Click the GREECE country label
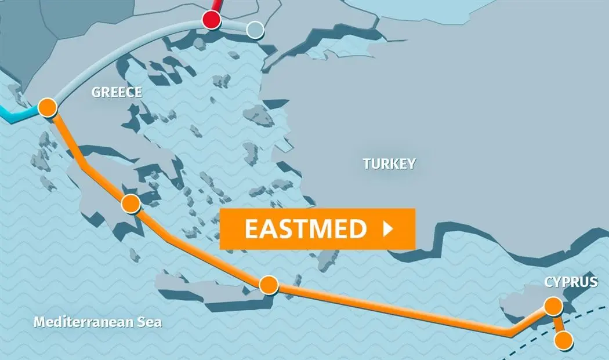(117, 93)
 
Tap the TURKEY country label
(389, 164)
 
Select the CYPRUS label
(571, 282)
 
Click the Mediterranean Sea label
(97, 322)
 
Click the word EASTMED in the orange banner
(305, 229)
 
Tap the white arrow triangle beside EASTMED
(389, 229)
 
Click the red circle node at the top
(212, 21)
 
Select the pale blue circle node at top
(255, 30)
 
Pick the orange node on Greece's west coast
(47, 107)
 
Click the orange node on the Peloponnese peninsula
(131, 203)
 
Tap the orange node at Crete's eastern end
(269, 285)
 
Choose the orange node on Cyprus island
(554, 306)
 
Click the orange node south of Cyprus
(563, 340)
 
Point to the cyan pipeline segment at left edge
(14, 118)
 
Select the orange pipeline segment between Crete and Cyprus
(394, 310)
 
